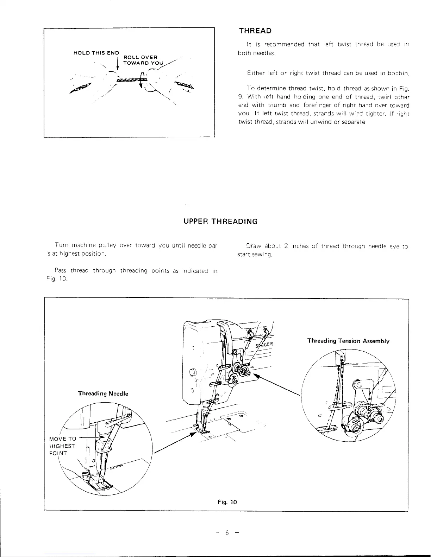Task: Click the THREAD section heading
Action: tap(255, 31)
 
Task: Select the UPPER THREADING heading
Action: tap(221, 222)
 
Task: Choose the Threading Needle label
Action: tap(103, 393)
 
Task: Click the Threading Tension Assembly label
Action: tap(348, 341)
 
